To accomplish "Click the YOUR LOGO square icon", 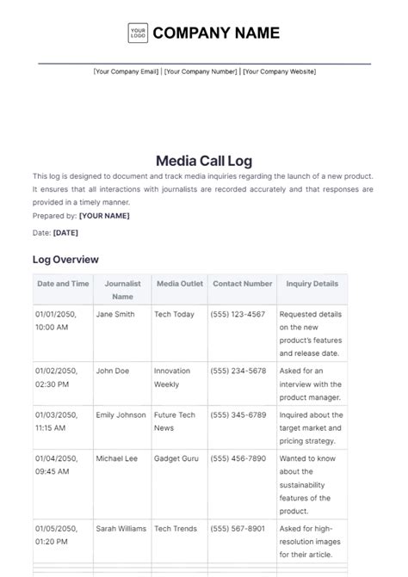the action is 138,34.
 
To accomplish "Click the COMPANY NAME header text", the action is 216,34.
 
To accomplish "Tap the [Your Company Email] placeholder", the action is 126,71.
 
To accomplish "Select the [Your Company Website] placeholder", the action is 279,71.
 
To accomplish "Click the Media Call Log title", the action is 204,159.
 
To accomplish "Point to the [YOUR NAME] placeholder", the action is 104,216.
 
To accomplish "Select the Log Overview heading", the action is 65,260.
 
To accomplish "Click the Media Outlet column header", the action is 179,283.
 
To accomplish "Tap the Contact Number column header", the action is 242,283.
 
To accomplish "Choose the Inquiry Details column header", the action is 311,283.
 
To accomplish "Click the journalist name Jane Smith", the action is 115,315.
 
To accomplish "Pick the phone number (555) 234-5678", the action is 238,371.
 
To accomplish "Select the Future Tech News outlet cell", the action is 175,421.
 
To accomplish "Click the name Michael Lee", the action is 116,458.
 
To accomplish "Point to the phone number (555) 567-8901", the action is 238,528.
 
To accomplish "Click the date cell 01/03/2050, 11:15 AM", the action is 56,421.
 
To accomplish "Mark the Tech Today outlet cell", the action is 174,315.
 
